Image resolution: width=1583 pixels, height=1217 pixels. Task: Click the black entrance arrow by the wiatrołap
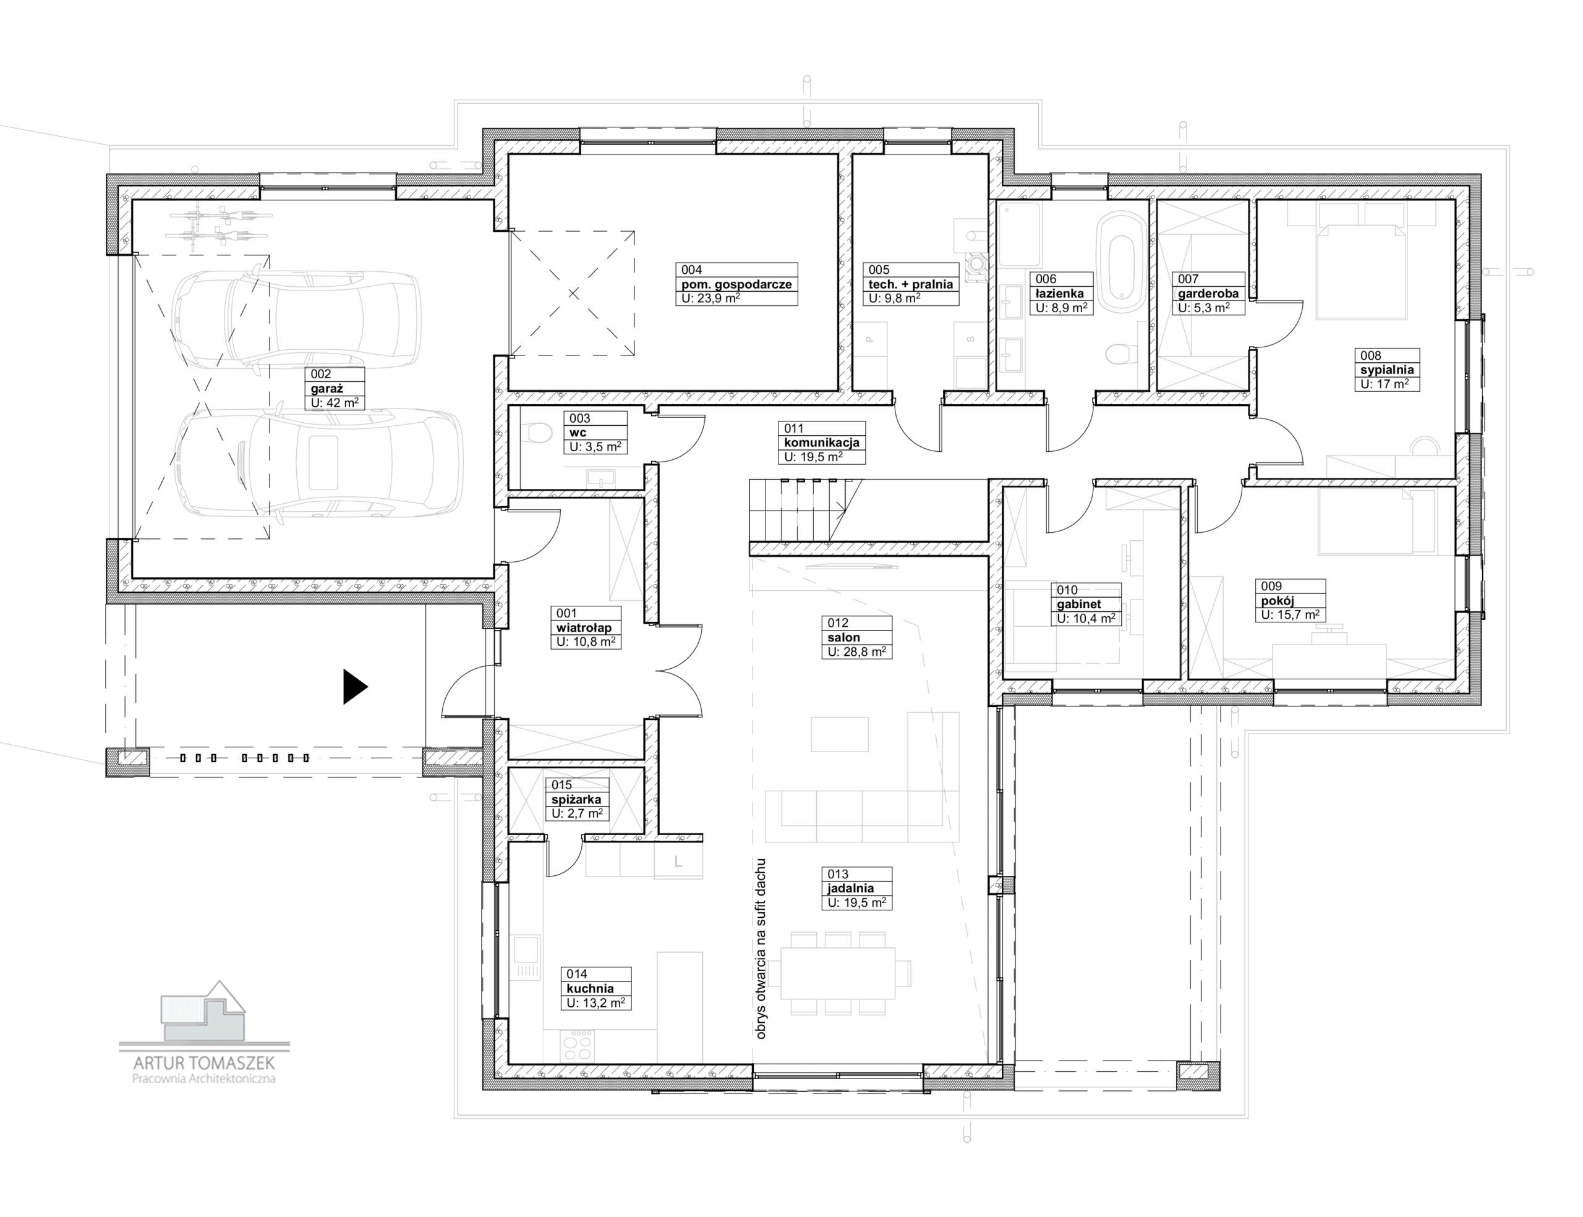[x=354, y=687]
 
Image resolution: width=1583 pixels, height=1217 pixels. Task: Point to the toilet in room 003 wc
[x=538, y=433]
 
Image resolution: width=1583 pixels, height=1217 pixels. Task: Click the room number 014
[x=577, y=974]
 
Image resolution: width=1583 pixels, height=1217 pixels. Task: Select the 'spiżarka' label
[x=576, y=800]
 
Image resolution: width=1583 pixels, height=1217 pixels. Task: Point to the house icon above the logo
[x=203, y=1011]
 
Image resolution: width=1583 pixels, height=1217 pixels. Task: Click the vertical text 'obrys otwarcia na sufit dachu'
[x=761, y=949]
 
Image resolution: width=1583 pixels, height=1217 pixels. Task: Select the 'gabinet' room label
[x=1079, y=604]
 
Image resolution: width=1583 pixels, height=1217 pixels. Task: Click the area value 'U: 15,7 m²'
[x=1290, y=614]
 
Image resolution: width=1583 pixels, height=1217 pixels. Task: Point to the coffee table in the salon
[x=839, y=734]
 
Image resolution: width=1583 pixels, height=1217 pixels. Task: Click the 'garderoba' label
[x=1208, y=294]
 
